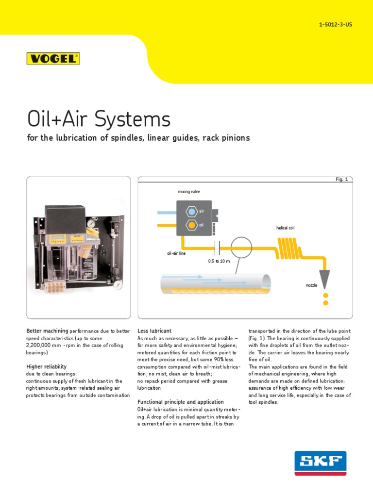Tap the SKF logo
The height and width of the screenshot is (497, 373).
(320, 463)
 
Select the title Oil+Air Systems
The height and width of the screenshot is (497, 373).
(98, 119)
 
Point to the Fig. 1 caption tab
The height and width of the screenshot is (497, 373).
(342, 179)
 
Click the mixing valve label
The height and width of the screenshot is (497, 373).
(188, 192)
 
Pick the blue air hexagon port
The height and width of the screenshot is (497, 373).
(191, 212)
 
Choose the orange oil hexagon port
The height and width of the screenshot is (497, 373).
(191, 225)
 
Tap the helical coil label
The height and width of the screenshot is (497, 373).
(285, 228)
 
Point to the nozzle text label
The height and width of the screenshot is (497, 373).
(311, 285)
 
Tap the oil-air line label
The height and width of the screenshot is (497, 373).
(176, 253)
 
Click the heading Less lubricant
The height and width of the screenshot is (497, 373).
(154, 331)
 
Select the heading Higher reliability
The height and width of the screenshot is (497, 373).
(46, 366)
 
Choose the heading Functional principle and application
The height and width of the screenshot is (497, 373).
(181, 402)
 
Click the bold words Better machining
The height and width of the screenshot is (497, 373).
(47, 331)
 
